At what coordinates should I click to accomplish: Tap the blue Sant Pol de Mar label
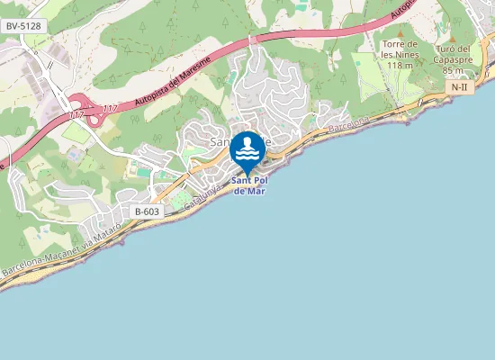(249, 185)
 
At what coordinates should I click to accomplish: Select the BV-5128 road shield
(23, 26)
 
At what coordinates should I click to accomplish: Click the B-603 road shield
(147, 211)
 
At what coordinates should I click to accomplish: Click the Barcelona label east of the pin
(348, 125)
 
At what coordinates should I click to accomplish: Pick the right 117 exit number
(110, 109)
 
